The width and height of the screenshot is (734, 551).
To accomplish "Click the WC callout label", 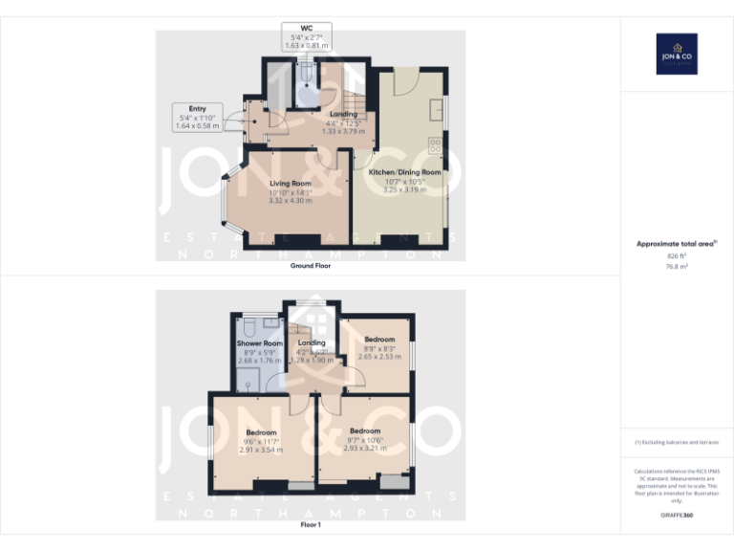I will click(305, 36).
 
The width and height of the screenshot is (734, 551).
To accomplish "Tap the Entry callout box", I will click(197, 117).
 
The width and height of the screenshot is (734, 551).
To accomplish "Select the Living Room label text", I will click(290, 183).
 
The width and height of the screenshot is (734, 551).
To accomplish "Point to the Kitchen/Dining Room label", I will click(404, 172).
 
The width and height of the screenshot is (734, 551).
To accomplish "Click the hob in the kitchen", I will click(435, 145).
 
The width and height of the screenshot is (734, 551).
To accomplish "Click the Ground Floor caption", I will click(311, 266).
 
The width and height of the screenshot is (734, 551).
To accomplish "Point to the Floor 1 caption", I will click(311, 524).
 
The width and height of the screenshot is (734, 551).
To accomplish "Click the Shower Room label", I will click(260, 343).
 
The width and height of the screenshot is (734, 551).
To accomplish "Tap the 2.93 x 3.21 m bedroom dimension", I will click(365, 448).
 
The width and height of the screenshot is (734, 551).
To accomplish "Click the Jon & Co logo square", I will click(676, 54).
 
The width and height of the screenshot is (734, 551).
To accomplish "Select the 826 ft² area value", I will click(676, 256).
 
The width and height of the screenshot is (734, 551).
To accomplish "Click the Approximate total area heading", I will click(676, 244).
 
